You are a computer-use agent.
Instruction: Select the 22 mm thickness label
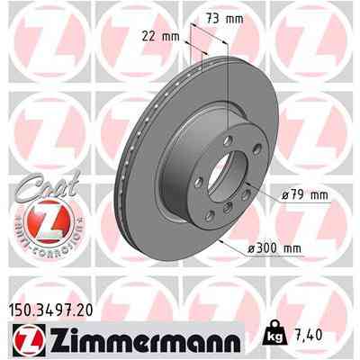[160, 35]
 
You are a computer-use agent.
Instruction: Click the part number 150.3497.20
[53, 310]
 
